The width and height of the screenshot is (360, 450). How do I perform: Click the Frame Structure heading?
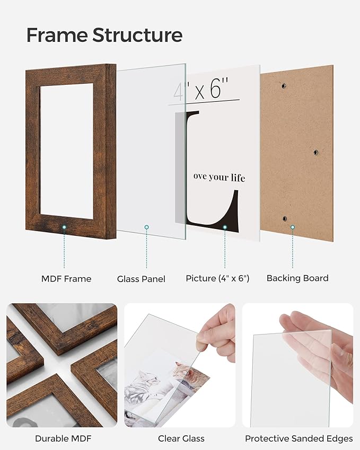(104, 36)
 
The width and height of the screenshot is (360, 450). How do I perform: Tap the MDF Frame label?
(66, 279)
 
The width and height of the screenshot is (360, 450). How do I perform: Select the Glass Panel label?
(141, 279)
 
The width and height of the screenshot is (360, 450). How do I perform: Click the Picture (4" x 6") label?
(217, 278)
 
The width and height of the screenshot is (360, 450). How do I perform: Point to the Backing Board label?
(297, 278)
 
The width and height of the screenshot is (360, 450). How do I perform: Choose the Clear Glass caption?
(181, 438)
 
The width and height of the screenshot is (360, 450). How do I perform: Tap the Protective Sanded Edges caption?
(298, 438)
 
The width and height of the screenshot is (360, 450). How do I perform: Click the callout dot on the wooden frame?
(64, 227)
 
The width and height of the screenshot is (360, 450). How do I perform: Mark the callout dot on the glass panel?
(147, 227)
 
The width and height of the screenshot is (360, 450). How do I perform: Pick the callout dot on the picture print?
(224, 227)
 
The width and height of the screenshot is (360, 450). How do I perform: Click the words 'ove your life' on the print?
(219, 178)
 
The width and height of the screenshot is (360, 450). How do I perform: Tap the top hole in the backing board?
(284, 86)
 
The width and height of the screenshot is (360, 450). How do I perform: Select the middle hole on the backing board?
(315, 153)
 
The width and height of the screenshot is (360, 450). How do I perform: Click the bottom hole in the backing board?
(284, 218)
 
